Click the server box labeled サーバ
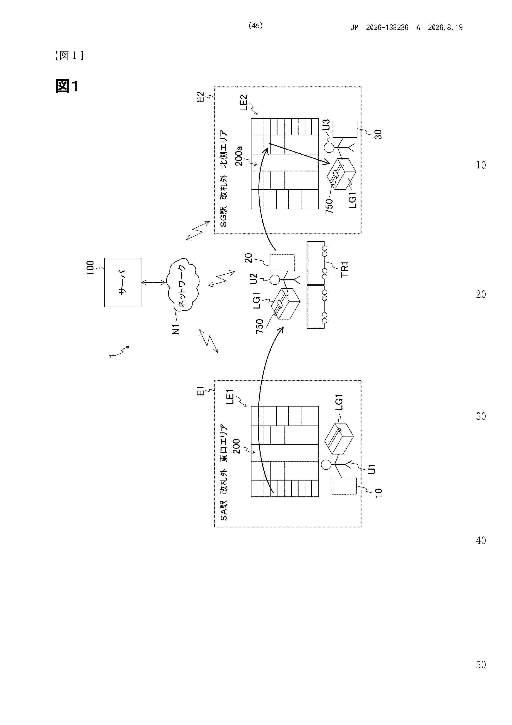123,282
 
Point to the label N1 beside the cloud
176,329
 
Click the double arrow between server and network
154,282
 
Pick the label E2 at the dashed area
200,97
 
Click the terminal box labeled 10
344,486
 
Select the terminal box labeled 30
345,129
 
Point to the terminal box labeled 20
282,263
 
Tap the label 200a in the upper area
238,156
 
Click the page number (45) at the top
256,26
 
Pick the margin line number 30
481,416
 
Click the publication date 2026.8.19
445,27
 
